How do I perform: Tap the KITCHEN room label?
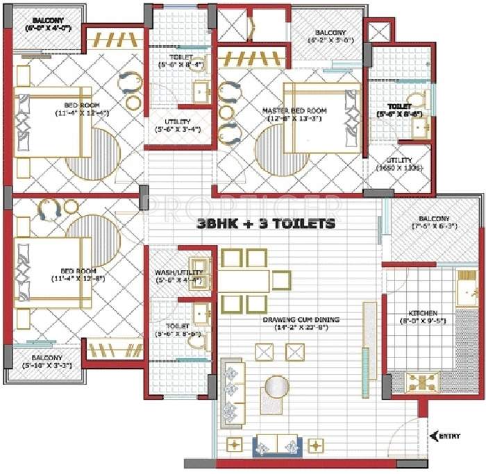(422, 312)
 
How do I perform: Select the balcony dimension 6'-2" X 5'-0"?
(330, 40)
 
